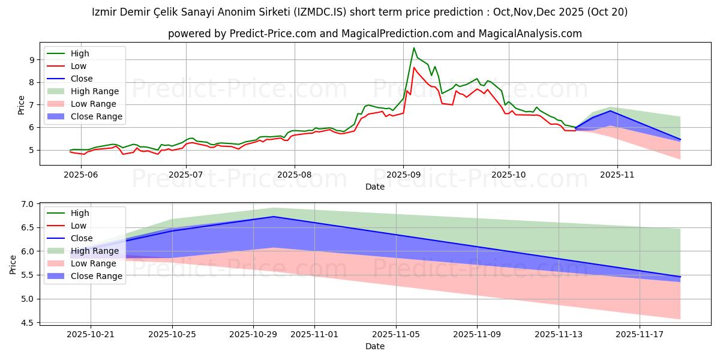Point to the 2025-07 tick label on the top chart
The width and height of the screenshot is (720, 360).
[186, 175]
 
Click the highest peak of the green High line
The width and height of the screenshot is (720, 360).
[413, 48]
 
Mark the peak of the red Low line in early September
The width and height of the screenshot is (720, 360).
[413, 67]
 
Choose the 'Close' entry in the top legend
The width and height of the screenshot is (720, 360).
[81, 79]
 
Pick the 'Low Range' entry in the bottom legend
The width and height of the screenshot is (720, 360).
[97, 263]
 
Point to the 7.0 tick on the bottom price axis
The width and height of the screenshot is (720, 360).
[28, 204]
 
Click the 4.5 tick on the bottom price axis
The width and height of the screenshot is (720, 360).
[28, 323]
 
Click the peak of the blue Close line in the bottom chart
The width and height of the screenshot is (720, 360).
[274, 217]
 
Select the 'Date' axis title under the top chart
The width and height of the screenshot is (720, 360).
[375, 187]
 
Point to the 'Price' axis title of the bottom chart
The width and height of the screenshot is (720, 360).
[13, 264]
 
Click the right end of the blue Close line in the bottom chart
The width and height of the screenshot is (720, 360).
[680, 277]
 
